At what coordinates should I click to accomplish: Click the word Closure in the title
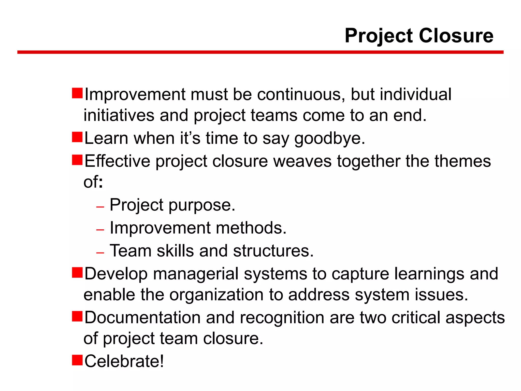pyautogui.click(x=456, y=36)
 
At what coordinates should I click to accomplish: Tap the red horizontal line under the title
pyautogui.click(x=260, y=52)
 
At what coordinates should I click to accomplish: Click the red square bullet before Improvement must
pyautogui.click(x=77, y=93)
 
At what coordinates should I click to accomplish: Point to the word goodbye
pyautogui.click(x=329, y=139)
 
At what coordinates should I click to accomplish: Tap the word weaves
pyautogui.click(x=302, y=161)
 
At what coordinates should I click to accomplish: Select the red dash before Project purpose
pyautogui.click(x=100, y=207)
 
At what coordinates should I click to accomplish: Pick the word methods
pyautogui.click(x=251, y=228)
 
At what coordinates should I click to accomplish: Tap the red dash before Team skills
pyautogui.click(x=100, y=253)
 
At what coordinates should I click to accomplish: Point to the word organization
pyautogui.click(x=216, y=295)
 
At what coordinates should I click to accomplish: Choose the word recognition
pyautogui.click(x=282, y=318)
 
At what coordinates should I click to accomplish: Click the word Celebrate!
pyautogui.click(x=124, y=361)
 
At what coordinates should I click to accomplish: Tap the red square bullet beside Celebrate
pyautogui.click(x=77, y=360)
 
